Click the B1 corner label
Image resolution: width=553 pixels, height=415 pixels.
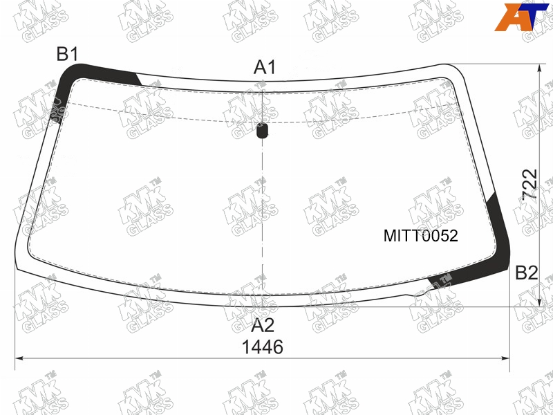point(67,55)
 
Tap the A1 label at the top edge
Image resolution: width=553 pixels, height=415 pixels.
point(265,67)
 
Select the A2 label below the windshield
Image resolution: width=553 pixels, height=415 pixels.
point(263,325)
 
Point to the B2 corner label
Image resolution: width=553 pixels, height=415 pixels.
point(527,273)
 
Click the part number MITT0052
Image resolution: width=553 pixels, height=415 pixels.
point(421,236)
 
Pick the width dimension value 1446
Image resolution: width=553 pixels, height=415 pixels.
point(263,347)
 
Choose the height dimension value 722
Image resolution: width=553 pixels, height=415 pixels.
point(529,185)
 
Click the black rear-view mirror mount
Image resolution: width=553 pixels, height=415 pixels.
point(262,130)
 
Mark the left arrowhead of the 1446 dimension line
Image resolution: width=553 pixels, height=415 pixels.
point(19,358)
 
